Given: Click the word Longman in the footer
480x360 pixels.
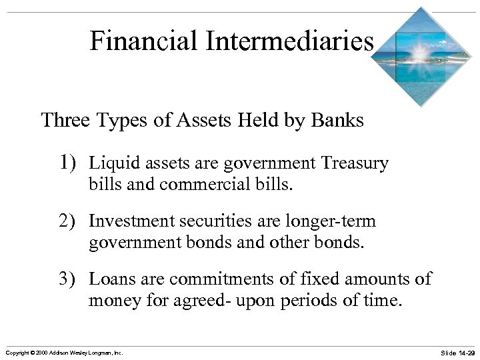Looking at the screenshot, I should click(94, 352).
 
